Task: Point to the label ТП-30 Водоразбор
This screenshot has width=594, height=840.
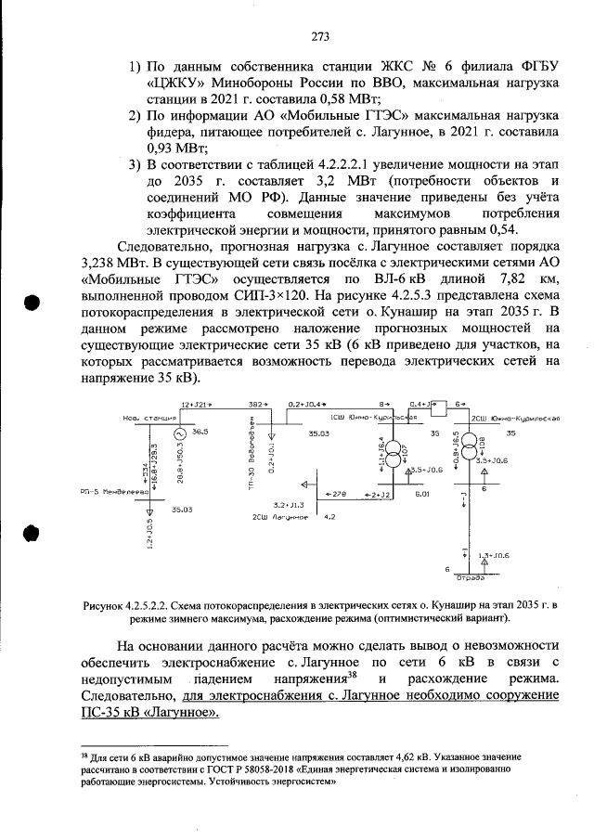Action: [x=252, y=466]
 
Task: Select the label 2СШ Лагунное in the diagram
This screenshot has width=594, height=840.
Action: [x=274, y=515]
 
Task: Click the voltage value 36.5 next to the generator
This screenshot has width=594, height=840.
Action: [x=200, y=433]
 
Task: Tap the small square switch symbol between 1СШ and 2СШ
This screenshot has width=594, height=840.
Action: [x=445, y=406]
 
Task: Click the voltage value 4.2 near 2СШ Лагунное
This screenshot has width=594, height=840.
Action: [x=329, y=515]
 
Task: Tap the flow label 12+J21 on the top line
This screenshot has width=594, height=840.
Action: [x=196, y=405]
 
